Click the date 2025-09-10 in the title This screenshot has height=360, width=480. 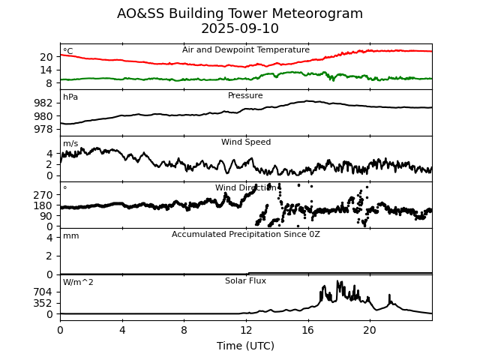tap(240, 29)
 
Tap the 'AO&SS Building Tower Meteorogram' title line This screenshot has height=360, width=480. tap(240, 13)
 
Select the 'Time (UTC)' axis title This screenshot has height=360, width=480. tap(245, 346)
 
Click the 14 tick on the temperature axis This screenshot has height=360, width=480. tap(46, 69)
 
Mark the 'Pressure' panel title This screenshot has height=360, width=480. tap(245, 96)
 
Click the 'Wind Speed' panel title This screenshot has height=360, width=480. tap(246, 142)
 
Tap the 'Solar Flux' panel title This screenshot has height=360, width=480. tap(245, 281)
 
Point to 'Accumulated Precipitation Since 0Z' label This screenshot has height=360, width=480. tap(246, 235)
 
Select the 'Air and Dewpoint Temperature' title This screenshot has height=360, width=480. tap(246, 50)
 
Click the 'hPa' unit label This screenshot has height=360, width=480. tap(70, 97)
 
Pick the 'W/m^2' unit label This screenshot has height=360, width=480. tap(79, 283)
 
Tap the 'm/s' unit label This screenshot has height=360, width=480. tap(70, 144)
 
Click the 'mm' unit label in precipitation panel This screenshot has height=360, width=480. tap(70, 236)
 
